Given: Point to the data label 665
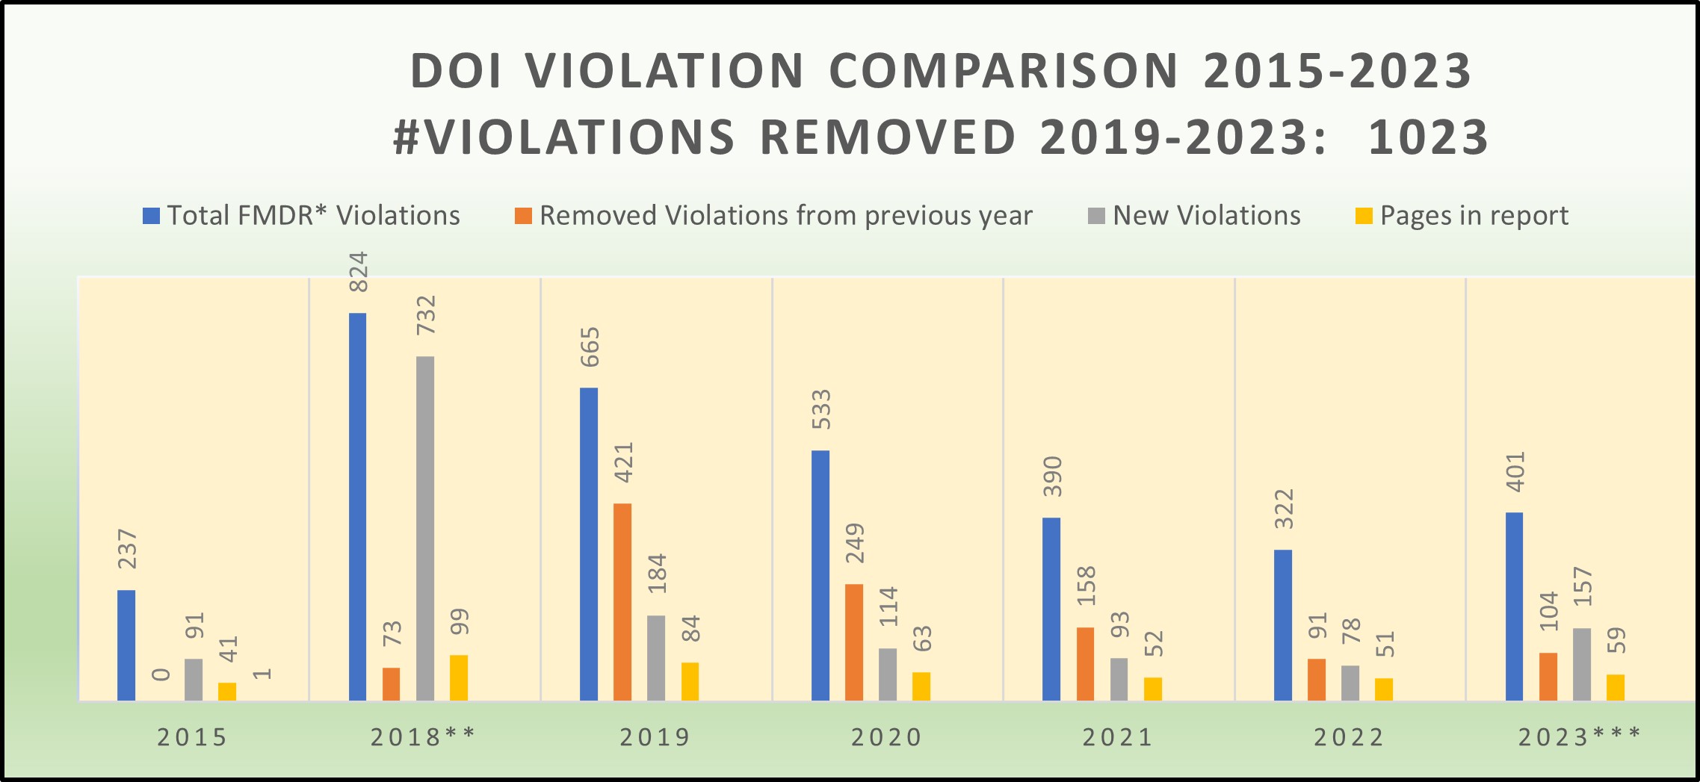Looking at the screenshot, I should point(590,347).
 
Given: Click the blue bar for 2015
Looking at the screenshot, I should point(126,645).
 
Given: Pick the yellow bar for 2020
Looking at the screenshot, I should point(921,686).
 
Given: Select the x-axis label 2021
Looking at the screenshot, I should point(1118,738).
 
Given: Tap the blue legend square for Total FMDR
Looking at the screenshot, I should point(151,217).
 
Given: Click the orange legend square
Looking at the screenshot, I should point(523,217).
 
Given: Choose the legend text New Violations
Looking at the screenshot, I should point(1207,216).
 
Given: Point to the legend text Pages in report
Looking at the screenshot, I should point(1474,216).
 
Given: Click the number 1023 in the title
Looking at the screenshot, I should point(1428,138).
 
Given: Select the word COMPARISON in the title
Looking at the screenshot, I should point(1004,72).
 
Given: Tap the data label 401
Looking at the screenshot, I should point(1515,472).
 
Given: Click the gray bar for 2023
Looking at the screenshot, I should point(1581,664).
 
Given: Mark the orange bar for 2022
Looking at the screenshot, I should point(1317,680).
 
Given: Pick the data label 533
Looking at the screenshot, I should point(821,409).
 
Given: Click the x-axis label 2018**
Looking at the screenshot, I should point(423,738).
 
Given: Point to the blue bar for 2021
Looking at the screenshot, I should point(1051,609).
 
